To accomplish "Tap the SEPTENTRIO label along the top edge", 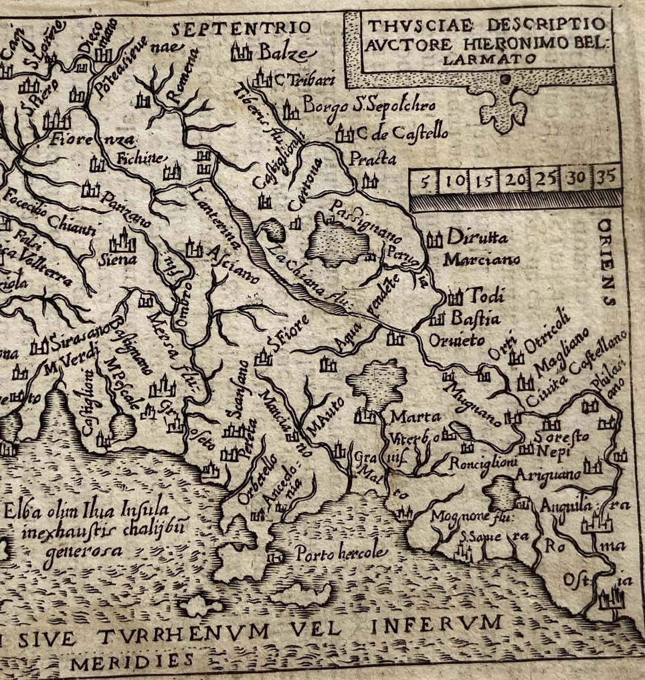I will (242, 28).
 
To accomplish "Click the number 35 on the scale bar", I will (606, 179).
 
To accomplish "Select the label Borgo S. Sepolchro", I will (369, 106).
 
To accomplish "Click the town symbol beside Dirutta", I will (434, 239).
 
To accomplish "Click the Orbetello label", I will (253, 481).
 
